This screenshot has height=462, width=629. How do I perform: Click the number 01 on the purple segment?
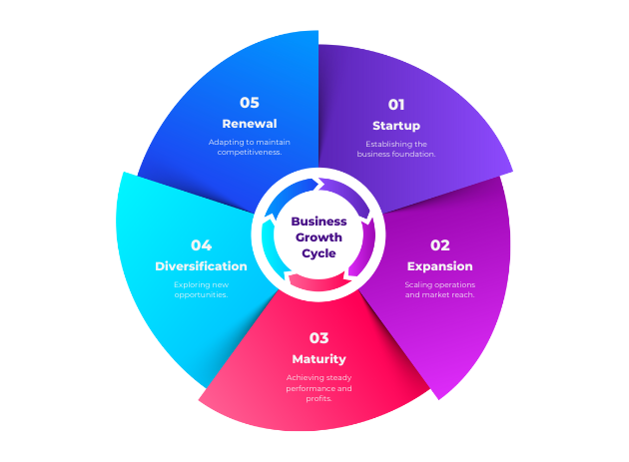396,104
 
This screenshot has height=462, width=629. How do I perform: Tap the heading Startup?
396,126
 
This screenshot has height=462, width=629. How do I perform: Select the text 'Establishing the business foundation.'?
396,149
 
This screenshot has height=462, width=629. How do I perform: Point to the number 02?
440,244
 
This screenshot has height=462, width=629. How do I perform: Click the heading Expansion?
440,266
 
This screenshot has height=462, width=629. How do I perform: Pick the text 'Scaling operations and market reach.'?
440,289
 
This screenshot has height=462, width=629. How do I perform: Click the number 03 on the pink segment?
318,337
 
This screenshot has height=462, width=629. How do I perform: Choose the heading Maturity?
318,359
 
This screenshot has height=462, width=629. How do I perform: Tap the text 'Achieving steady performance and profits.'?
318,387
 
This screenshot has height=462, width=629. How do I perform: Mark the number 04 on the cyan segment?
202,244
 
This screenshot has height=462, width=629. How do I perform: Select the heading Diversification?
201,266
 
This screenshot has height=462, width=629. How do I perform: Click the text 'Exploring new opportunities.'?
201,289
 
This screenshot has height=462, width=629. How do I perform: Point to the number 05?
249,102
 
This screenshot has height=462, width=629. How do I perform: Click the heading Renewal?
249,124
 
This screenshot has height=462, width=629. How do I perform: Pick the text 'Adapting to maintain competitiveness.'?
249,147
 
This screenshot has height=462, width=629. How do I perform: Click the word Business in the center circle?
318,222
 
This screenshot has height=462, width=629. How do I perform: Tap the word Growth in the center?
318,237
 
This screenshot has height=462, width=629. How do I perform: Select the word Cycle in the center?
318,253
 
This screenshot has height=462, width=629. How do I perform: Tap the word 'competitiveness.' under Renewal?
249,152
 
